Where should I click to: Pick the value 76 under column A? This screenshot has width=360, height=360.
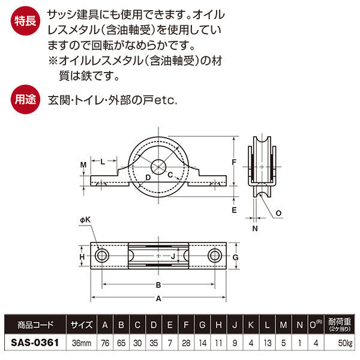coord(106,344)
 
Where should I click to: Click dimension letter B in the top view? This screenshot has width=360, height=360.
coord(158,285)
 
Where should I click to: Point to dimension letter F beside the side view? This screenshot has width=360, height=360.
coord(235,162)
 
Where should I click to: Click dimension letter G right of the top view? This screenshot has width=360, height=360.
coord(236,257)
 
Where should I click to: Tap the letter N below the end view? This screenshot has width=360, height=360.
coord(254,228)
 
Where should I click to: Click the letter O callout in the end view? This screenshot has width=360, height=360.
coord(279,213)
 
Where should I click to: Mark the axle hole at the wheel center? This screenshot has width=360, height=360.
coord(159,166)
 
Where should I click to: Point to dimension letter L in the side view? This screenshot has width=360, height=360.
coord(103,161)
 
